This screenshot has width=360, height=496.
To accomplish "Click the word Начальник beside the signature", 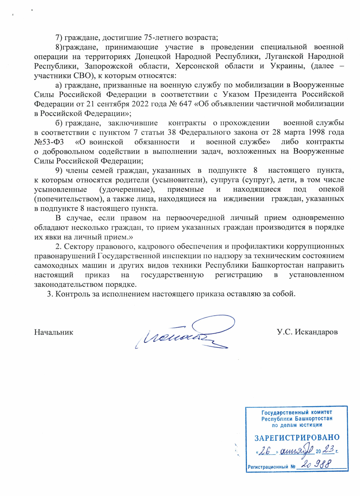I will (54, 332).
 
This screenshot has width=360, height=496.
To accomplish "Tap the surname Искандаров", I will (316, 332).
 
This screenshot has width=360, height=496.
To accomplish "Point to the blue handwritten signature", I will (186, 333).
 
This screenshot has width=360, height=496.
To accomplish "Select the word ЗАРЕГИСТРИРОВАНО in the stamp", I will (297, 438).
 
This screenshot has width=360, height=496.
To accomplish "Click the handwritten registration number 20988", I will (316, 464).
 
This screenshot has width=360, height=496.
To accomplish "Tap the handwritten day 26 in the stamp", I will (265, 451).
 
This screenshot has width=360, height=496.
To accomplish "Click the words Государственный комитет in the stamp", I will (297, 413).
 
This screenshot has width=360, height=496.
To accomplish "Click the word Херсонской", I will (197, 66).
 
